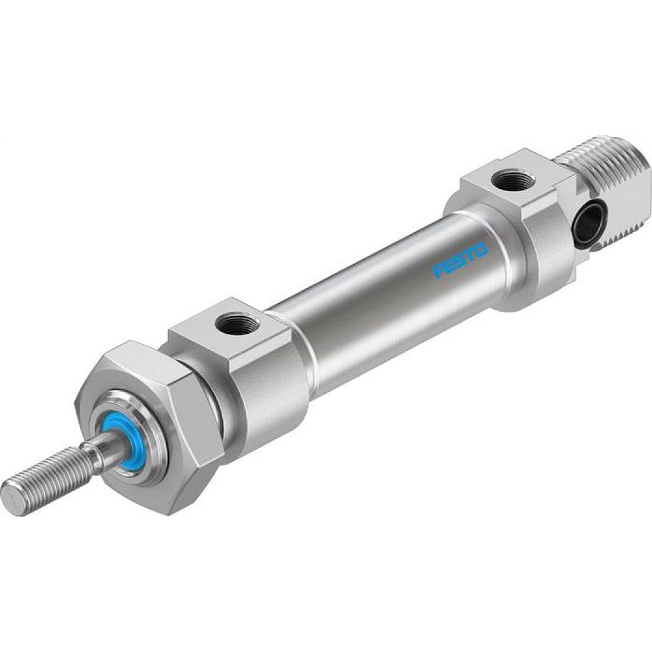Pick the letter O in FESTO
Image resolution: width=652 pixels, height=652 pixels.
tap(480, 249)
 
